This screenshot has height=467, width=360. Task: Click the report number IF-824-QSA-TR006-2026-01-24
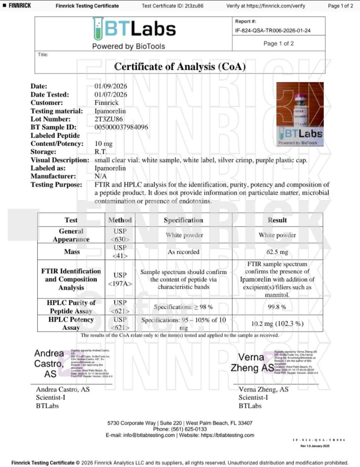click(x=273, y=31)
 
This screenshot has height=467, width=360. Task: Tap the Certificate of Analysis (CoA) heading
click(x=180, y=67)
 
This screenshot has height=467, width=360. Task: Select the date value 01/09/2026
click(x=111, y=86)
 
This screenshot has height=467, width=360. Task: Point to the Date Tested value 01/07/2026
click(x=111, y=94)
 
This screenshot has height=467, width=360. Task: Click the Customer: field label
click(x=48, y=102)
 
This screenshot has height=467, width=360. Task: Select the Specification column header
click(x=183, y=220)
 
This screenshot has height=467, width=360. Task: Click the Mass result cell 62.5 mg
click(x=277, y=252)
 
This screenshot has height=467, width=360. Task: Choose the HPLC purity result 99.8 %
click(x=277, y=307)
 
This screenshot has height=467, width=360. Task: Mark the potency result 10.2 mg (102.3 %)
click(x=277, y=323)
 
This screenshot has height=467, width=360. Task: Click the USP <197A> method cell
click(x=120, y=279)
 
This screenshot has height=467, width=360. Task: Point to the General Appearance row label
click(x=71, y=235)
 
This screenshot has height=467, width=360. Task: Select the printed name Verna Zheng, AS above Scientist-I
click(x=264, y=390)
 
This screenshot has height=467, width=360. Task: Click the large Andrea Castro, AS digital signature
click(x=49, y=364)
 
